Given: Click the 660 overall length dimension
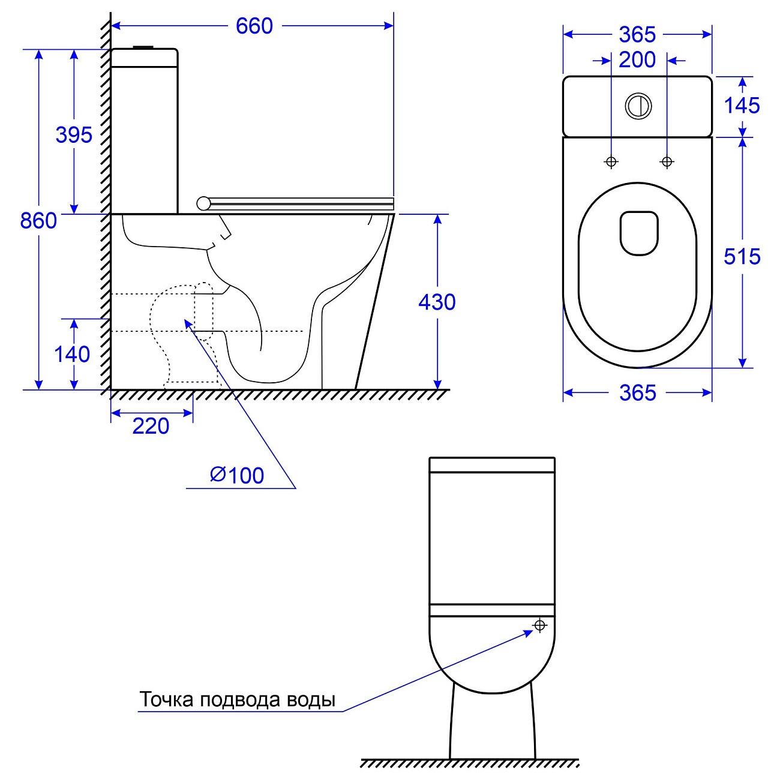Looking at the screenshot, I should pos(254,26).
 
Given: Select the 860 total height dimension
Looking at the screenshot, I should pos(38,220).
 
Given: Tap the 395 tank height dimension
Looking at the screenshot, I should pos(74,134).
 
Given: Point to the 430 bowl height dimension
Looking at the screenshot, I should pos(437,302).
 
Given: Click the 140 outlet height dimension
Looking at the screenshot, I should pos(72,354).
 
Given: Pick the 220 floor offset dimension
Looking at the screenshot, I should pos(151,426).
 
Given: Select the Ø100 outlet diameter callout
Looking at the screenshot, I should pos(237,475).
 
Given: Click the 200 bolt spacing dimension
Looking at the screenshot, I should pos(637,60).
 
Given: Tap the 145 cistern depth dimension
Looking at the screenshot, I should pos(742,106).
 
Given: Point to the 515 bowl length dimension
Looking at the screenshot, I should pos(742,256).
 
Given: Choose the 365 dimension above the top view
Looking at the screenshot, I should pos(637,35).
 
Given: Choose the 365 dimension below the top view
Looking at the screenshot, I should pos(637,393).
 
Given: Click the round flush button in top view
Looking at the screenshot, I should pos(638,106).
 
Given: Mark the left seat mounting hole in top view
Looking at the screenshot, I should pos(611,161).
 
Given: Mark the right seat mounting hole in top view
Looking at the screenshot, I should pos(667,161).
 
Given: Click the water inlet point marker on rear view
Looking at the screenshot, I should pos(539,626).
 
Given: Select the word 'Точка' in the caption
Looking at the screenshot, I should pos(167,700).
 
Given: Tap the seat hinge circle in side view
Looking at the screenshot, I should pos(203,203).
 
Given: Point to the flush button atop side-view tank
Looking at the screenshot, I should pos(144,46).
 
